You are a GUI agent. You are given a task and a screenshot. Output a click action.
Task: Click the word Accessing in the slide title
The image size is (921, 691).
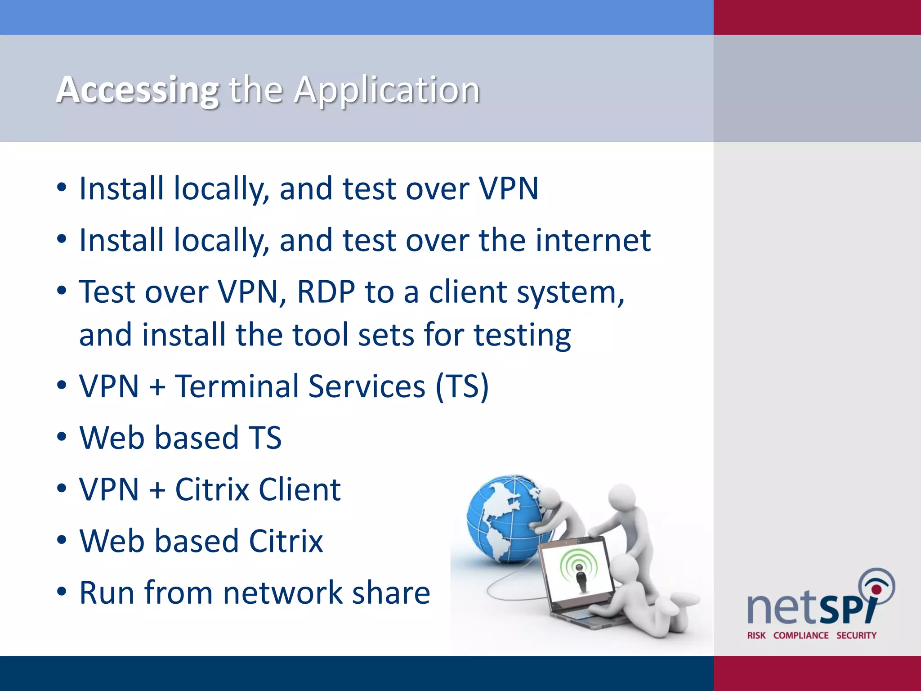point(138,90)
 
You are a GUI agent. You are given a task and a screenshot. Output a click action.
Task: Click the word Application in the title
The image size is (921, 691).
point(387,90)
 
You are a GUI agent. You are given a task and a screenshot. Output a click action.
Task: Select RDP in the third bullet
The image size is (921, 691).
point(326,292)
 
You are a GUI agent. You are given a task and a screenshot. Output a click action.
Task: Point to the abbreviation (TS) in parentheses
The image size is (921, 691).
point(462,386)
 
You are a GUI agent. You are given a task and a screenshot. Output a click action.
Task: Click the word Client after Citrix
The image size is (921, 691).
point(300,489)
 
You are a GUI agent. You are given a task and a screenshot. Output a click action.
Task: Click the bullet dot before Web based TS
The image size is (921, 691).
point(62,437)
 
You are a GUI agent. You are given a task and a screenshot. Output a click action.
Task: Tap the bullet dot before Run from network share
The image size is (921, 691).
point(62,592)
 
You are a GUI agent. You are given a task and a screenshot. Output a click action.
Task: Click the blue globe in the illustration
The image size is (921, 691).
point(504,517)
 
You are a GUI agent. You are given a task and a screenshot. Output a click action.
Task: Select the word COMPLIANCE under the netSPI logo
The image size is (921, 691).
point(801,635)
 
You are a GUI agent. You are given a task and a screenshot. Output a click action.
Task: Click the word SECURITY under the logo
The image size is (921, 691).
point(856,635)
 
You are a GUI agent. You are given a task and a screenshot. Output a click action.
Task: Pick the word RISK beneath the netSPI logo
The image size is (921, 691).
point(756,635)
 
